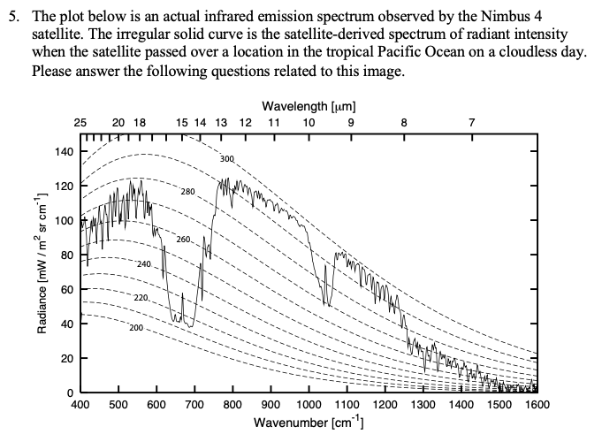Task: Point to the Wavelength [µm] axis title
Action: coord(309,106)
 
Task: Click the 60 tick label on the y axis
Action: coord(67,289)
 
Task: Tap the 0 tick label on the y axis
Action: coord(71,392)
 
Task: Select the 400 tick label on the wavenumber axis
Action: coord(80,405)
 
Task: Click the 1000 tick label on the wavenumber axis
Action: coord(309,405)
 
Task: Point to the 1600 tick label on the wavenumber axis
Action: coord(537,405)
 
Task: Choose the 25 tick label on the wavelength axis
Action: coord(80,123)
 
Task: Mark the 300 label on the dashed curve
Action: coord(226,160)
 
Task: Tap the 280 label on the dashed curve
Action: coord(187,191)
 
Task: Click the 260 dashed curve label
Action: coord(183,240)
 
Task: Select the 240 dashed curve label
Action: coord(144,264)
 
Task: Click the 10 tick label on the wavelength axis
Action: coord(309,123)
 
